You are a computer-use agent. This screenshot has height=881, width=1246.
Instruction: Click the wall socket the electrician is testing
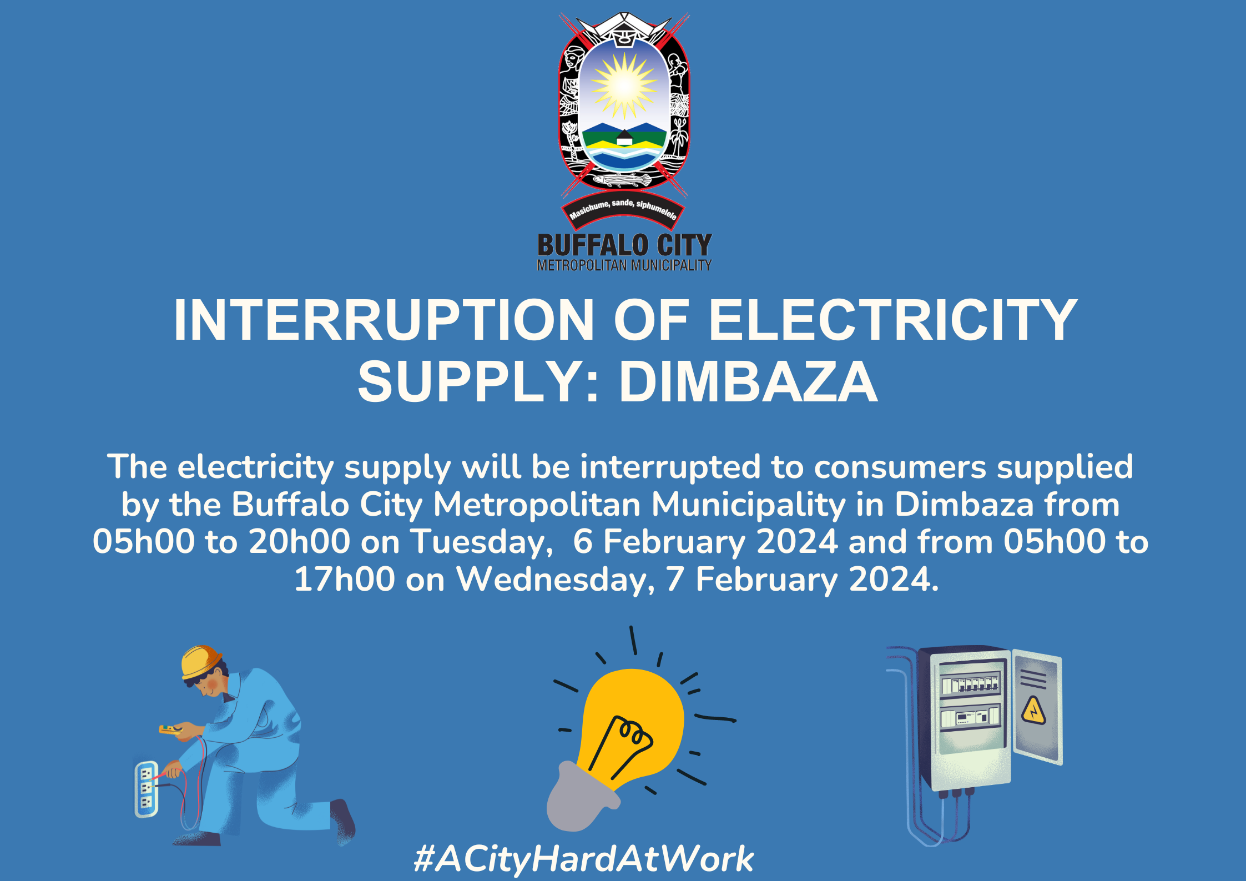(146, 789)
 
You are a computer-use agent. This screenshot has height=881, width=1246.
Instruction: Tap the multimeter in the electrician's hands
(171, 729)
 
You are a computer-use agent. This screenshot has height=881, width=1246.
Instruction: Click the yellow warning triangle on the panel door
(1033, 711)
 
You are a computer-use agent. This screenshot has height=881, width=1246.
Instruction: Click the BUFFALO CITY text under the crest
(624, 245)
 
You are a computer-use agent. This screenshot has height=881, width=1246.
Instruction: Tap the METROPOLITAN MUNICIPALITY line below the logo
(624, 266)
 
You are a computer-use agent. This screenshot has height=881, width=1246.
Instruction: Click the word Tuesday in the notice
(481, 542)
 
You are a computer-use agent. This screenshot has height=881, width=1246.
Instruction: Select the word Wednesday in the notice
(554, 580)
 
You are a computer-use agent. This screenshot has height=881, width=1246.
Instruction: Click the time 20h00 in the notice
(299, 542)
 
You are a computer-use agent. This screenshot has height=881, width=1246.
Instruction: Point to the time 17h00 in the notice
(344, 580)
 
